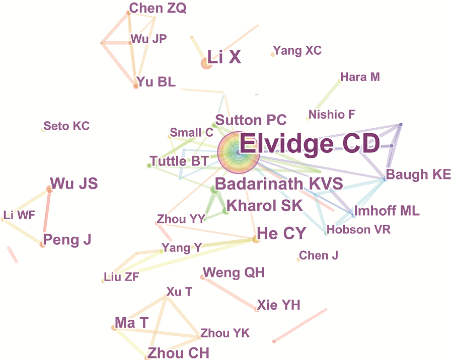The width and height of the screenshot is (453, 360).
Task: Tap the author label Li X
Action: coord(224,57)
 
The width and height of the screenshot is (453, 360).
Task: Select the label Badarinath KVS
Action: coord(279,184)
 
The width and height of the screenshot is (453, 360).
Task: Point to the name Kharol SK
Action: coord(265,205)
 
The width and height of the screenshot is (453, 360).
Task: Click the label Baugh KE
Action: coord(418,174)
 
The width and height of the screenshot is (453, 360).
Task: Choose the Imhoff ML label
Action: coord(387,211)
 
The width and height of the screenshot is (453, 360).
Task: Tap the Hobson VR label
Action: coord(358,230)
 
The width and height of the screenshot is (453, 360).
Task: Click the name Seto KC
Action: coord(66,126)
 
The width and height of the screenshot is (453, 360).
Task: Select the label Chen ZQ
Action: coord(158,8)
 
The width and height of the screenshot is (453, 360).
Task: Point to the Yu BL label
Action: coord(157,82)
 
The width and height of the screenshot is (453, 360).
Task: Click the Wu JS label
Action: coord(74,184)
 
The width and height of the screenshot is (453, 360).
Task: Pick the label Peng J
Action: coord(67,240)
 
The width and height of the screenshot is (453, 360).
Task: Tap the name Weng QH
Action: coord(234,273)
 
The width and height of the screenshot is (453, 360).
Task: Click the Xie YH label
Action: coord(278,305)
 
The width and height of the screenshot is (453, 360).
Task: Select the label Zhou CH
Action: coord(178,353)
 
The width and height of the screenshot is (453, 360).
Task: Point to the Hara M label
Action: coord(360,77)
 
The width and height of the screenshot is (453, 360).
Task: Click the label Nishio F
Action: coord(332,115)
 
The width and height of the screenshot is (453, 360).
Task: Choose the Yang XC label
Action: coord(297,50)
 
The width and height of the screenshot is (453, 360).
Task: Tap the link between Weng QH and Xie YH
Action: coord(230,293)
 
